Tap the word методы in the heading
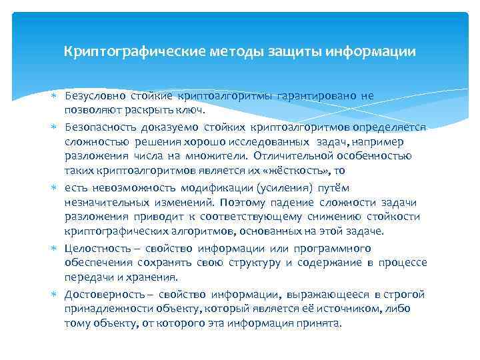(x=233, y=51)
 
